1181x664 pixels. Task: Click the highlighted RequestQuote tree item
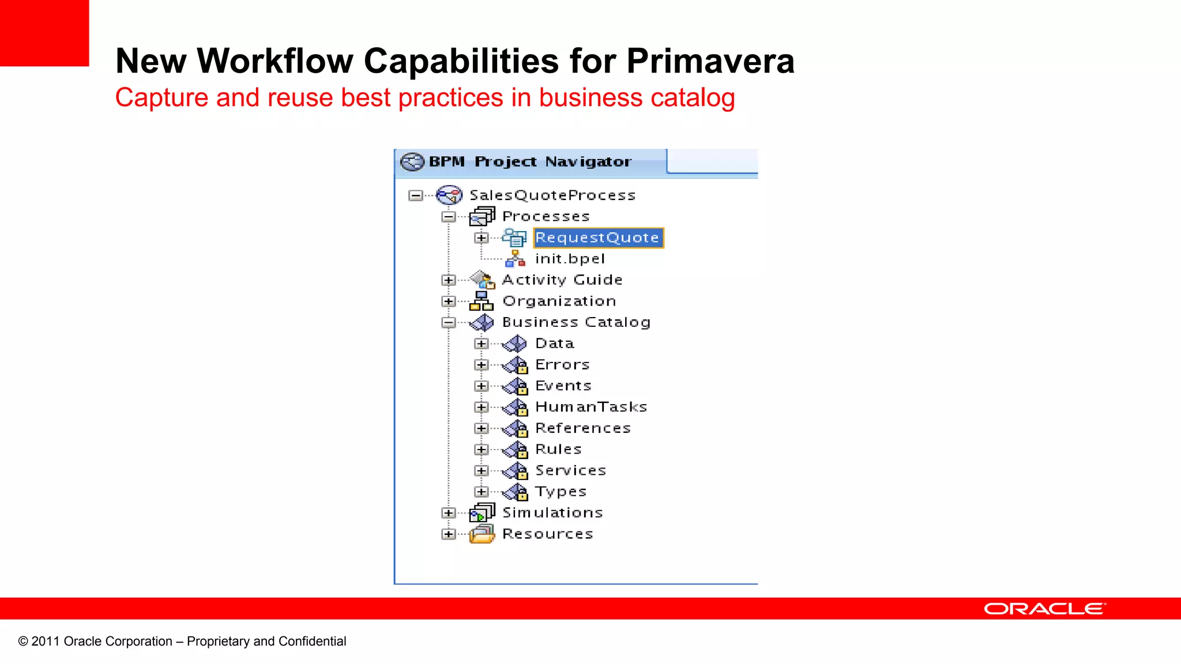[x=597, y=237]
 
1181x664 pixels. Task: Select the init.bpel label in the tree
[x=570, y=259]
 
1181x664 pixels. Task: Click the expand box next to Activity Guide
[x=448, y=280]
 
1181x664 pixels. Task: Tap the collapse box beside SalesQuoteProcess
[x=415, y=195]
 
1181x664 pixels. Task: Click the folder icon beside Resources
[x=482, y=534]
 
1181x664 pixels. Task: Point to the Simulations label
[x=552, y=512]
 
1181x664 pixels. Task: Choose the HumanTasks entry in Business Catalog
[x=591, y=407]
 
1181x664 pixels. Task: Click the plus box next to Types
[x=481, y=492]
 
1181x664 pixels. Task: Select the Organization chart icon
[x=481, y=301]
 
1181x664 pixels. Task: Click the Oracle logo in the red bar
[x=1044, y=609]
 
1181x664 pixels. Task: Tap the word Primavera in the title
[x=710, y=61]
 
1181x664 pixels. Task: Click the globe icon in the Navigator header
[x=412, y=162]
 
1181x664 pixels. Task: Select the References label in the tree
[x=583, y=428]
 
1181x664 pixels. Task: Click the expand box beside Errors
[x=481, y=365]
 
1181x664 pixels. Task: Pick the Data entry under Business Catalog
[x=554, y=344]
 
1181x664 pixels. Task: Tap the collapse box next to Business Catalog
[x=448, y=322]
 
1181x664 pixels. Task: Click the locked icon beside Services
[x=516, y=471]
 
